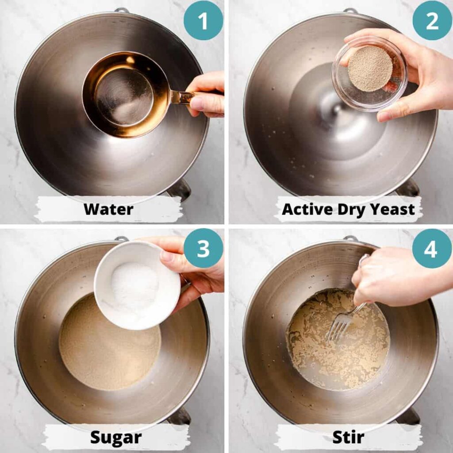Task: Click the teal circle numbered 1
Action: [x=203, y=20]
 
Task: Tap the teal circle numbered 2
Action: [x=432, y=20]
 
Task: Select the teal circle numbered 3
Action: [x=203, y=248]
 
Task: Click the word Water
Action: [x=109, y=209]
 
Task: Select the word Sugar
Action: [x=116, y=438]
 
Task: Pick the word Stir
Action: [x=348, y=437]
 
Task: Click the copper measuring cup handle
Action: [x=182, y=96]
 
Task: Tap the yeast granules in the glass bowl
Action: [x=370, y=69]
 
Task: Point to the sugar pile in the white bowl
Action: [x=134, y=286]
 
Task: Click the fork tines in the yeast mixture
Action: [x=338, y=326]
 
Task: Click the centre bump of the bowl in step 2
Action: [x=337, y=109]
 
